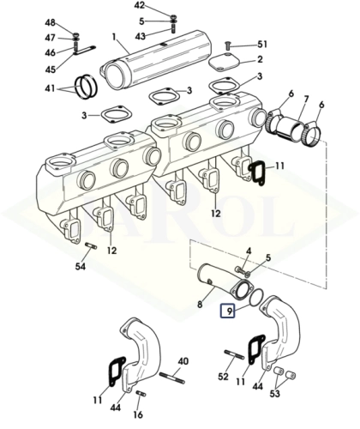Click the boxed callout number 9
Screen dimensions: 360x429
coord(227,311)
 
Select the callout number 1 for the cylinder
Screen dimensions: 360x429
coord(114,37)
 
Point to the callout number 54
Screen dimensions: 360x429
coord(81,267)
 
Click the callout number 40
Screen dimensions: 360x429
coord(183,361)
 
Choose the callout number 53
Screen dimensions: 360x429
coord(275,394)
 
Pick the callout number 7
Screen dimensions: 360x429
coord(306,100)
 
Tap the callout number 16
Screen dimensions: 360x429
coord(138,414)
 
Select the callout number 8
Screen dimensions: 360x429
coord(200,304)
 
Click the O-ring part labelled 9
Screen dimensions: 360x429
coord(256,297)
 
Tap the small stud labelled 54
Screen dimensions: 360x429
coord(91,245)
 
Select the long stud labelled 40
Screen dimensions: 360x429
coord(171,378)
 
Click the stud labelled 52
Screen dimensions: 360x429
coord(234,353)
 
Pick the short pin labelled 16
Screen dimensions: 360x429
coord(140,393)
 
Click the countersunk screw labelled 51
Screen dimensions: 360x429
coord(228,45)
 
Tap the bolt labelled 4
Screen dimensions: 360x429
coord(240,269)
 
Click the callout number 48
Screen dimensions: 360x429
coord(51,23)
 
